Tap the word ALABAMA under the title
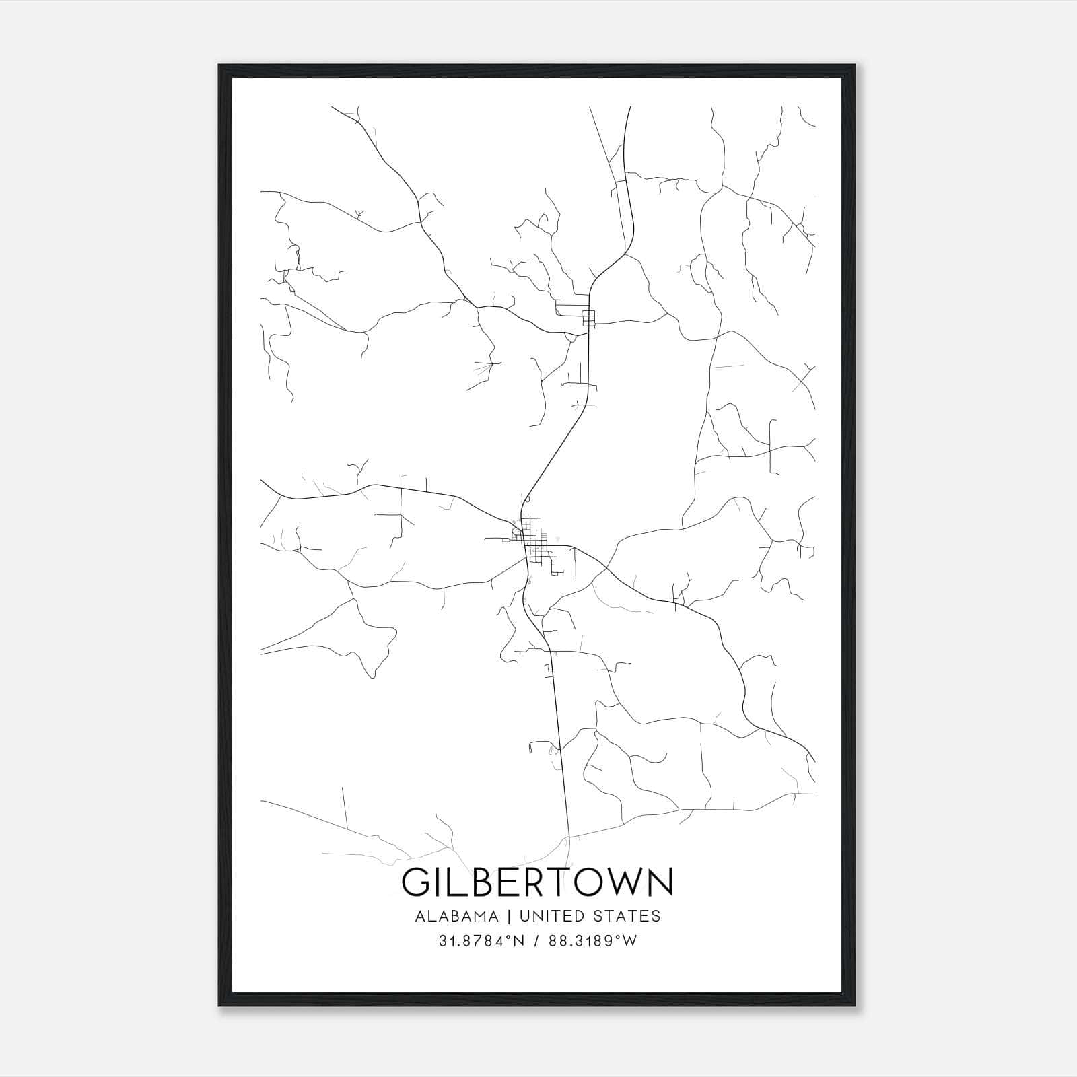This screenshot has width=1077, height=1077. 457,916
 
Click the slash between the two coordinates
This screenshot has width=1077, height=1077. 537,941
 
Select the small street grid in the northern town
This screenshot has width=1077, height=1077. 589,318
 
